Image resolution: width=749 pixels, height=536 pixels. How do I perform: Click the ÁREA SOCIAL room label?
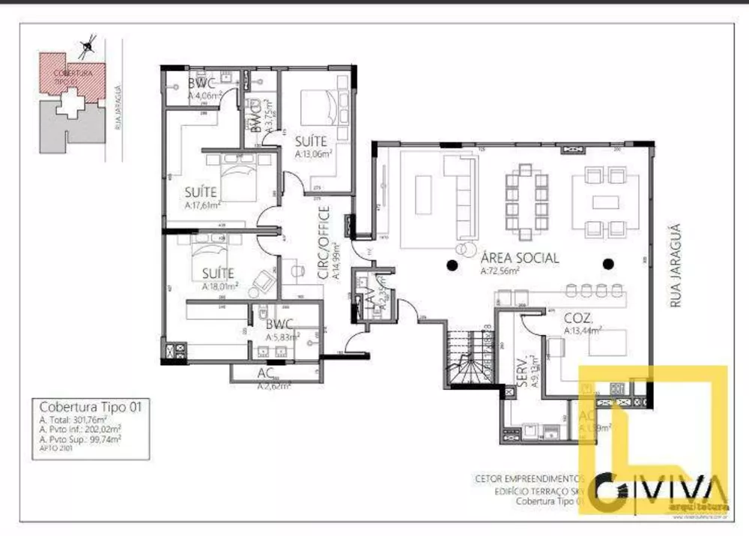(519, 258)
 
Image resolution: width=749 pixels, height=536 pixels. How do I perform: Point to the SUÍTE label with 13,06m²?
(309, 141)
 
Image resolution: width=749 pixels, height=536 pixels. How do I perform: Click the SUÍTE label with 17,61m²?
(200, 191)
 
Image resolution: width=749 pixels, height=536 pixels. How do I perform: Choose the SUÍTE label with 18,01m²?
(217, 274)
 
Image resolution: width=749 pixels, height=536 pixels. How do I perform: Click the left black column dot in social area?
(452, 263)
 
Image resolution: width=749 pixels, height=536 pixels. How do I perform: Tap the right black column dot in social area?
(608, 263)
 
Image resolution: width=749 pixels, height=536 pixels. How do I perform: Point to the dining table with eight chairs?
(532, 199)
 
